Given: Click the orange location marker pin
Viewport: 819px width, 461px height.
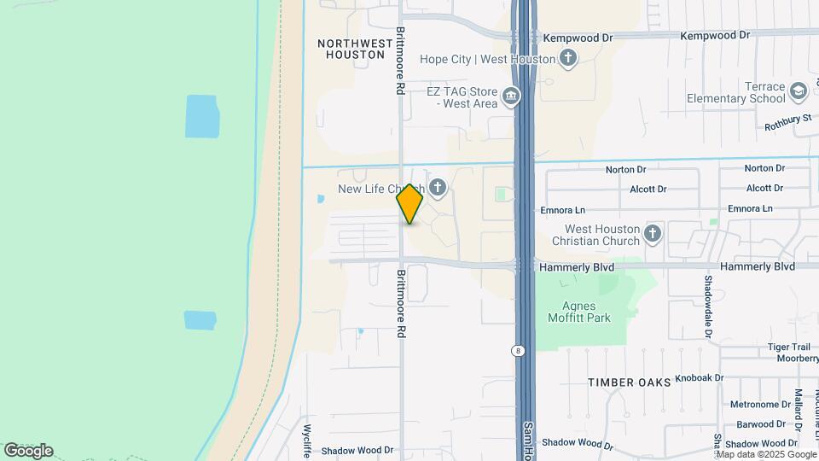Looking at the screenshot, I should coord(410,203).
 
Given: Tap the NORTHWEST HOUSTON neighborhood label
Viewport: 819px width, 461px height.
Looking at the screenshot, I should coord(351,48).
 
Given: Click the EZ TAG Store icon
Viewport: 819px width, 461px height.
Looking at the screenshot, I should coord(511,96).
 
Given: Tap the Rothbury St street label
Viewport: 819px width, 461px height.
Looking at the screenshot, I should coord(787,120).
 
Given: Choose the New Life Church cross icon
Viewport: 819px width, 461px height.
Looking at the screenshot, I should coord(438,187).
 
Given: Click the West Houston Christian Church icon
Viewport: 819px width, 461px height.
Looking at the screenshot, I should coord(653,233).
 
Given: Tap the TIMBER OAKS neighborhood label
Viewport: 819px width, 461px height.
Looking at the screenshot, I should coord(629,382).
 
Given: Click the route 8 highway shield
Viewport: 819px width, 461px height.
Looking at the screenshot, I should coord(517,351).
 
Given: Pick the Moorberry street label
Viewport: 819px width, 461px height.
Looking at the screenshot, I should coord(797,359).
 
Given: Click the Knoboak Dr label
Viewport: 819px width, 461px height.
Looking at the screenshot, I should coord(699,377).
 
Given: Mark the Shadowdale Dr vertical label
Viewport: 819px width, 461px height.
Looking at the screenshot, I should coord(707,305).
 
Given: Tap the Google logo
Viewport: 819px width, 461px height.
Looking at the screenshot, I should coord(28,451).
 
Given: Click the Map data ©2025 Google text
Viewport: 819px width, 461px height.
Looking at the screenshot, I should coord(764,454).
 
